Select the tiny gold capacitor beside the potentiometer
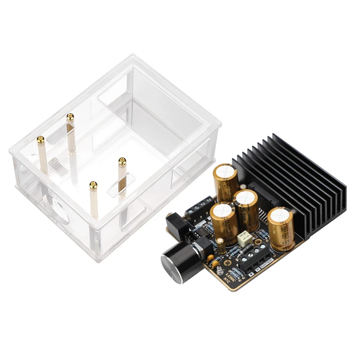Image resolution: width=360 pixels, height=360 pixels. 220,245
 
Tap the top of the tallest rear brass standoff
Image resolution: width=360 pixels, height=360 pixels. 70,117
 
